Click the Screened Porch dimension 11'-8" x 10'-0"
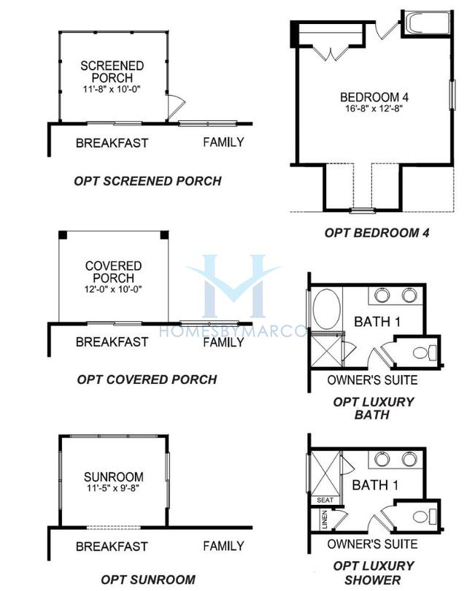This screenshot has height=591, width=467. [112, 89]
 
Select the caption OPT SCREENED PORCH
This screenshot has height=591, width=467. [147, 181]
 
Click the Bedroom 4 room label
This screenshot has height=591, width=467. [374, 97]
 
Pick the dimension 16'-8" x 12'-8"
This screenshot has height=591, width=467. [374, 109]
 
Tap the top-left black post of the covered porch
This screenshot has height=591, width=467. [63, 235]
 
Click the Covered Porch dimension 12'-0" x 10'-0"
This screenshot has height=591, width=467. [113, 290]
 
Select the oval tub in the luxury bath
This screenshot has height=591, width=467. [327, 309]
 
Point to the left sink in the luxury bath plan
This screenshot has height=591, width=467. [382, 295]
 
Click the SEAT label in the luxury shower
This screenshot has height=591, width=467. [325, 501]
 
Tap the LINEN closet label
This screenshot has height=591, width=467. [325, 519]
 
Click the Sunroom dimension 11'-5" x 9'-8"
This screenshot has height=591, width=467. [113, 488]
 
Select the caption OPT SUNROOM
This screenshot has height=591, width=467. [148, 579]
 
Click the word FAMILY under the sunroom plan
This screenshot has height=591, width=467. [223, 546]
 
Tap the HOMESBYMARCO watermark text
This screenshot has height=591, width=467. [233, 331]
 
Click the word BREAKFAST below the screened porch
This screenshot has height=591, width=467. [112, 143]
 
